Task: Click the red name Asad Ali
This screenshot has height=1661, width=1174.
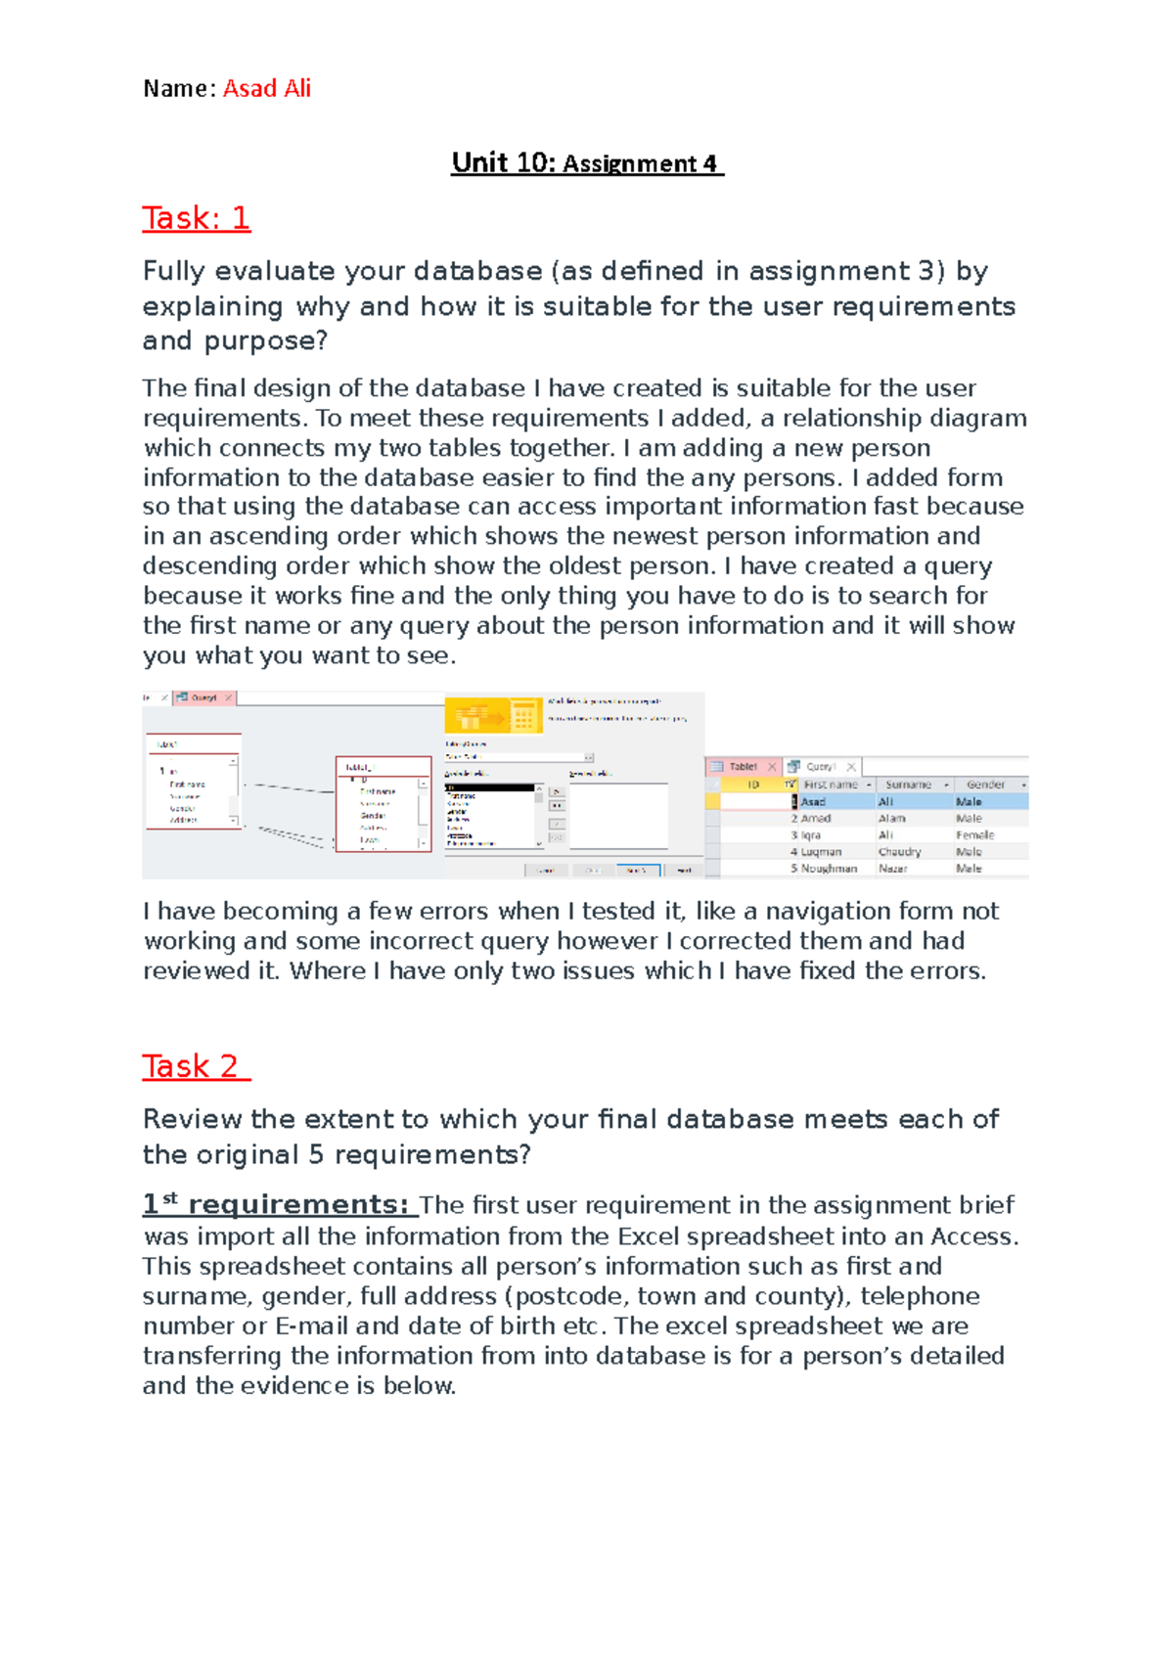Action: (x=266, y=88)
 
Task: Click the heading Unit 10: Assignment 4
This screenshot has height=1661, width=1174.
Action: (x=586, y=162)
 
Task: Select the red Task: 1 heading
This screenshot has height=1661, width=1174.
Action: (x=196, y=217)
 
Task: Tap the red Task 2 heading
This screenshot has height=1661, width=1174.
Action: (x=195, y=1065)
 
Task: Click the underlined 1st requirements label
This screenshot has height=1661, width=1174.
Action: (x=277, y=1204)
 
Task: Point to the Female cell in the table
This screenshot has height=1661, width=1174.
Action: (x=974, y=835)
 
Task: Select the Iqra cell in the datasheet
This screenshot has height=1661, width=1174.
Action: (x=811, y=835)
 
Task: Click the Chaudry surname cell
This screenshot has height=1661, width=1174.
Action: (x=899, y=852)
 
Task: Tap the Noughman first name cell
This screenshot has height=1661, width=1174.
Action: (x=829, y=869)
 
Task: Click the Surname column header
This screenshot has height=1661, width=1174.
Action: (x=908, y=785)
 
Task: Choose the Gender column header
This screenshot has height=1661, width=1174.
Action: (x=985, y=785)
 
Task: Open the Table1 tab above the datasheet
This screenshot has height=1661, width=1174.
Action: (x=743, y=767)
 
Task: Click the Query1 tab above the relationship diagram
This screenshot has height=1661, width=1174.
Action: (x=203, y=697)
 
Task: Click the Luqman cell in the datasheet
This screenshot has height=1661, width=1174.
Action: (x=821, y=852)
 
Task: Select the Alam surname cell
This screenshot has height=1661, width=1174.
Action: (x=891, y=819)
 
